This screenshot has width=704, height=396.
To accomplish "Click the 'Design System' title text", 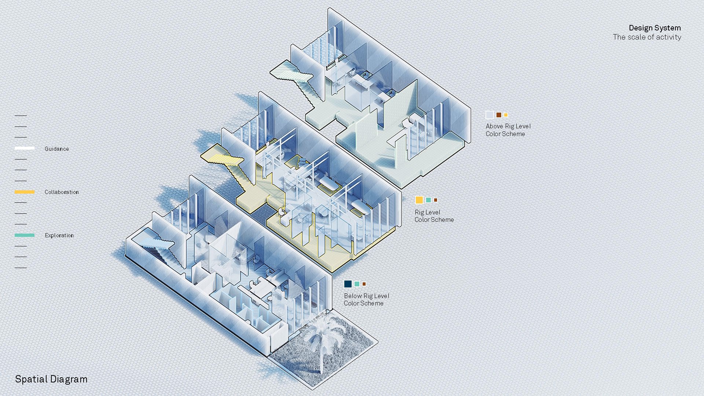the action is (x=654, y=28).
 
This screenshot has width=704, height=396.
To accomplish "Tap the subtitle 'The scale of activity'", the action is (x=647, y=37).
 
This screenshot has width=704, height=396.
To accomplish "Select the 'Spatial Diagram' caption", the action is (x=51, y=379).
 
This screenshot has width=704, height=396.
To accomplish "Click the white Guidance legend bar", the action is (x=25, y=148).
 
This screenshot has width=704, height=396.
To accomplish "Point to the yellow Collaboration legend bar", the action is (x=25, y=192).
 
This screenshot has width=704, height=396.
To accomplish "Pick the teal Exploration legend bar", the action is (x=25, y=235).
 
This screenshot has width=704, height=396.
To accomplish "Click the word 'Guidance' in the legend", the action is (x=57, y=149).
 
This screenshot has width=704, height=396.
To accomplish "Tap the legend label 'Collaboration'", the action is (x=62, y=192).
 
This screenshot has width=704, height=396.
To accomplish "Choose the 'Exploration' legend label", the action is (x=59, y=235).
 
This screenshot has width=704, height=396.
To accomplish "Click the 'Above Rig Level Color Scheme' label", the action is (x=508, y=130).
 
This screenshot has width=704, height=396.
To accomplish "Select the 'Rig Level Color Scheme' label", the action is (x=434, y=216).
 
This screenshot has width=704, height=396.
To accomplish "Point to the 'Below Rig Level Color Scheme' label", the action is (x=366, y=300).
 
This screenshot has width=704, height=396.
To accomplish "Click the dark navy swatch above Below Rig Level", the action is (x=348, y=284).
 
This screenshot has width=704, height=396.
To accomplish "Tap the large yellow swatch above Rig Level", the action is (x=419, y=200).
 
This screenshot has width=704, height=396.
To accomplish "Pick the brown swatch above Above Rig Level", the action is (x=499, y=115).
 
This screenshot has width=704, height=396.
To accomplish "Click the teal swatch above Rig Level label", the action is (x=428, y=200).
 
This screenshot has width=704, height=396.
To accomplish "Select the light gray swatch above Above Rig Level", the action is (x=489, y=115).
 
